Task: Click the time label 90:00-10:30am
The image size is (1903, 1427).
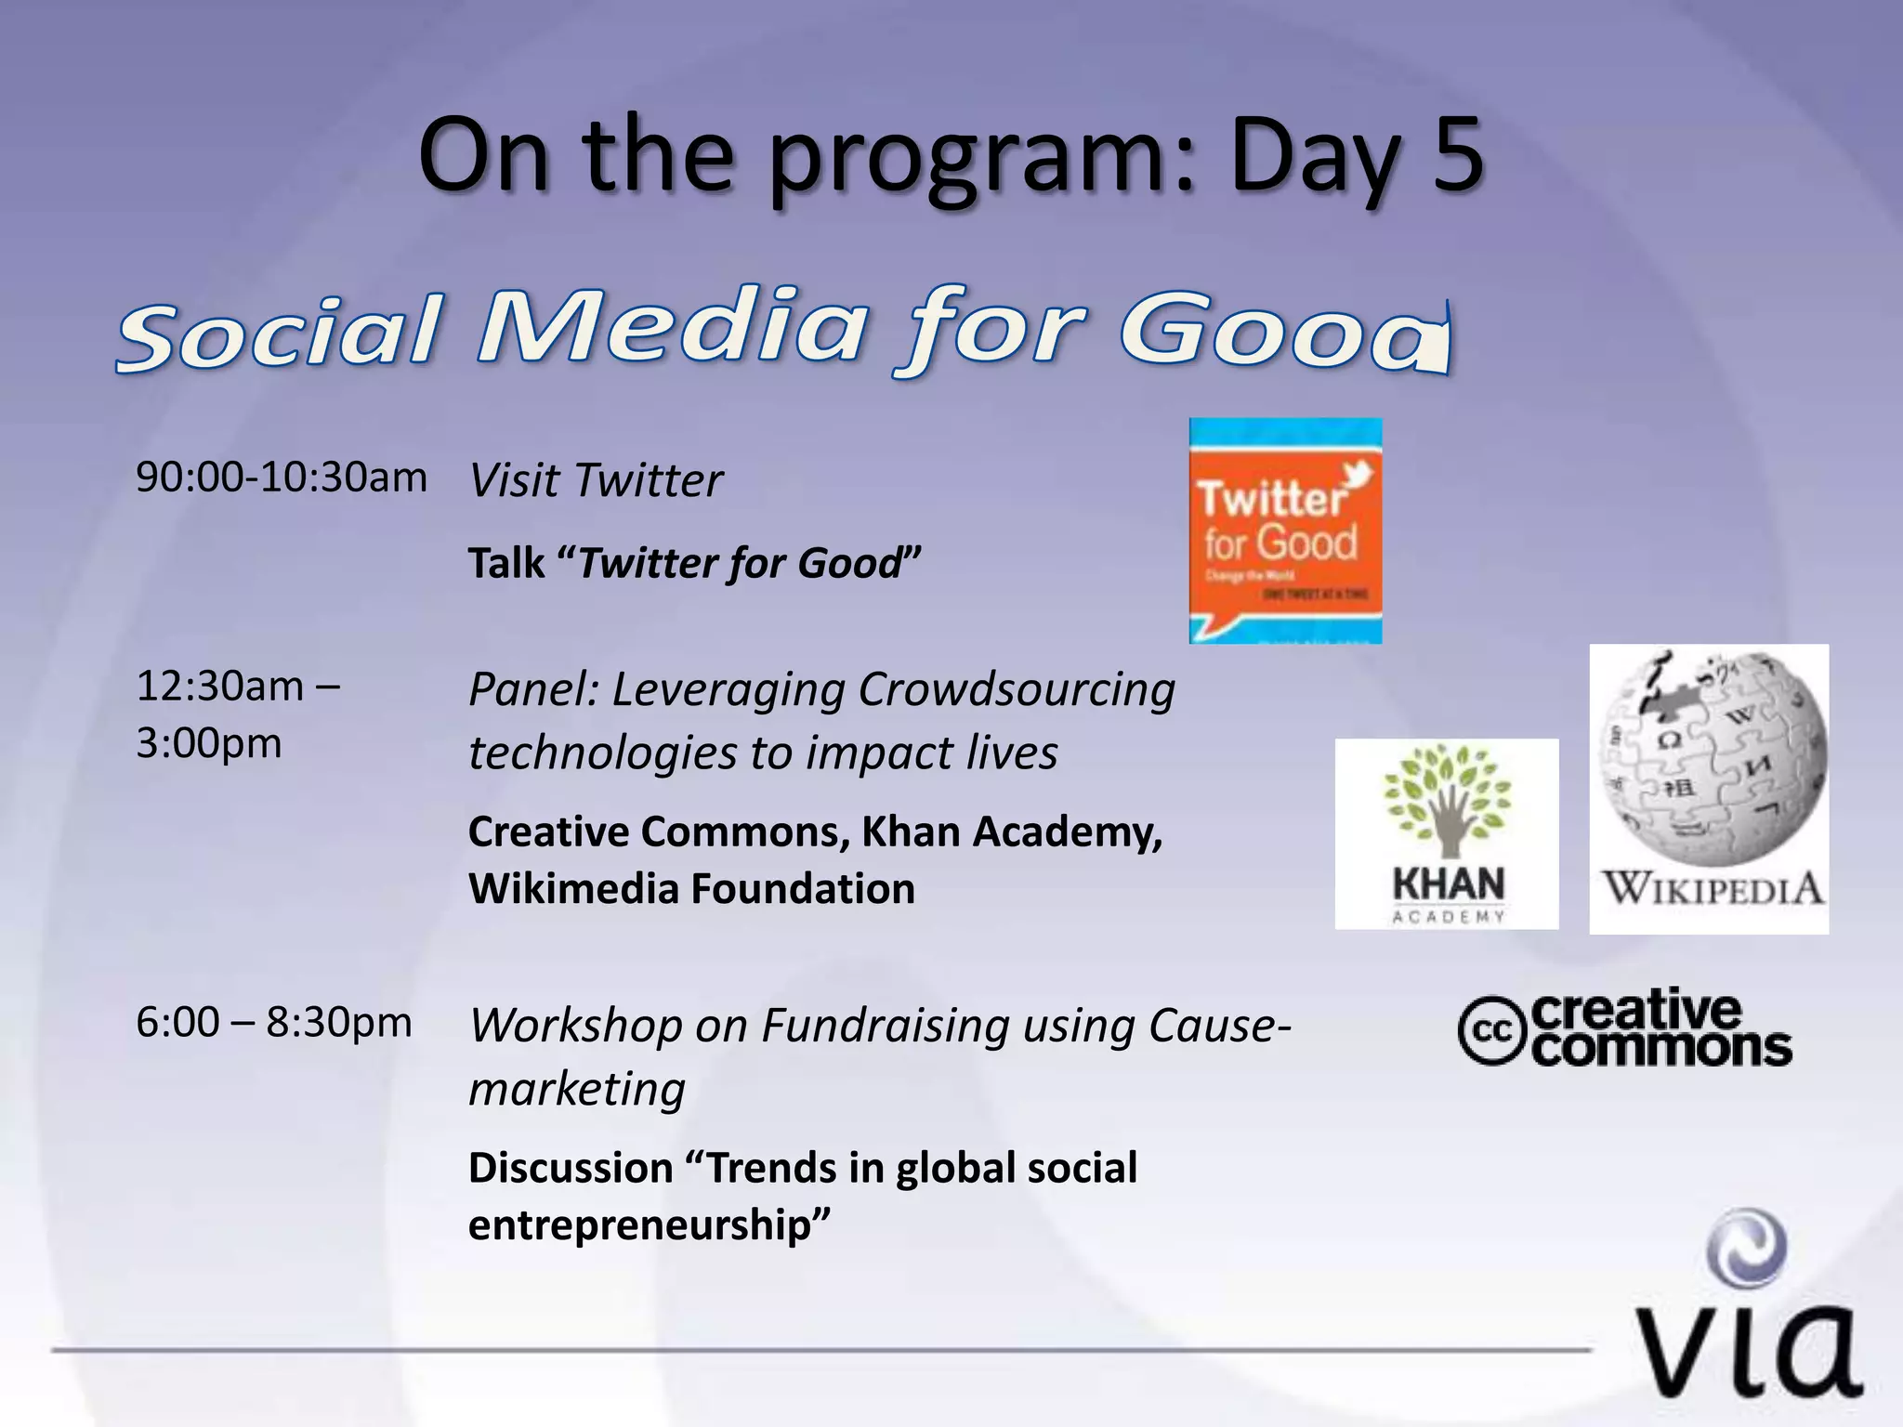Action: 282,478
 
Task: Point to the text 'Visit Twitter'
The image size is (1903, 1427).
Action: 596,480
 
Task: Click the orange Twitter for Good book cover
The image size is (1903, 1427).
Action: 1285,531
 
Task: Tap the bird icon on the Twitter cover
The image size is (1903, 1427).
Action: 1358,475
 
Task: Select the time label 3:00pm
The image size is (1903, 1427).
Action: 209,743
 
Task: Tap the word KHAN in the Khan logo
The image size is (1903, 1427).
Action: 1448,884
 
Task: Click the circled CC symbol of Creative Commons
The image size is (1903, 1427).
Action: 1490,1029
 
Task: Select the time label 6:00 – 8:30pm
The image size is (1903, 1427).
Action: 274,1023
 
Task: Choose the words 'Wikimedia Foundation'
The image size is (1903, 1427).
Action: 691,889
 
